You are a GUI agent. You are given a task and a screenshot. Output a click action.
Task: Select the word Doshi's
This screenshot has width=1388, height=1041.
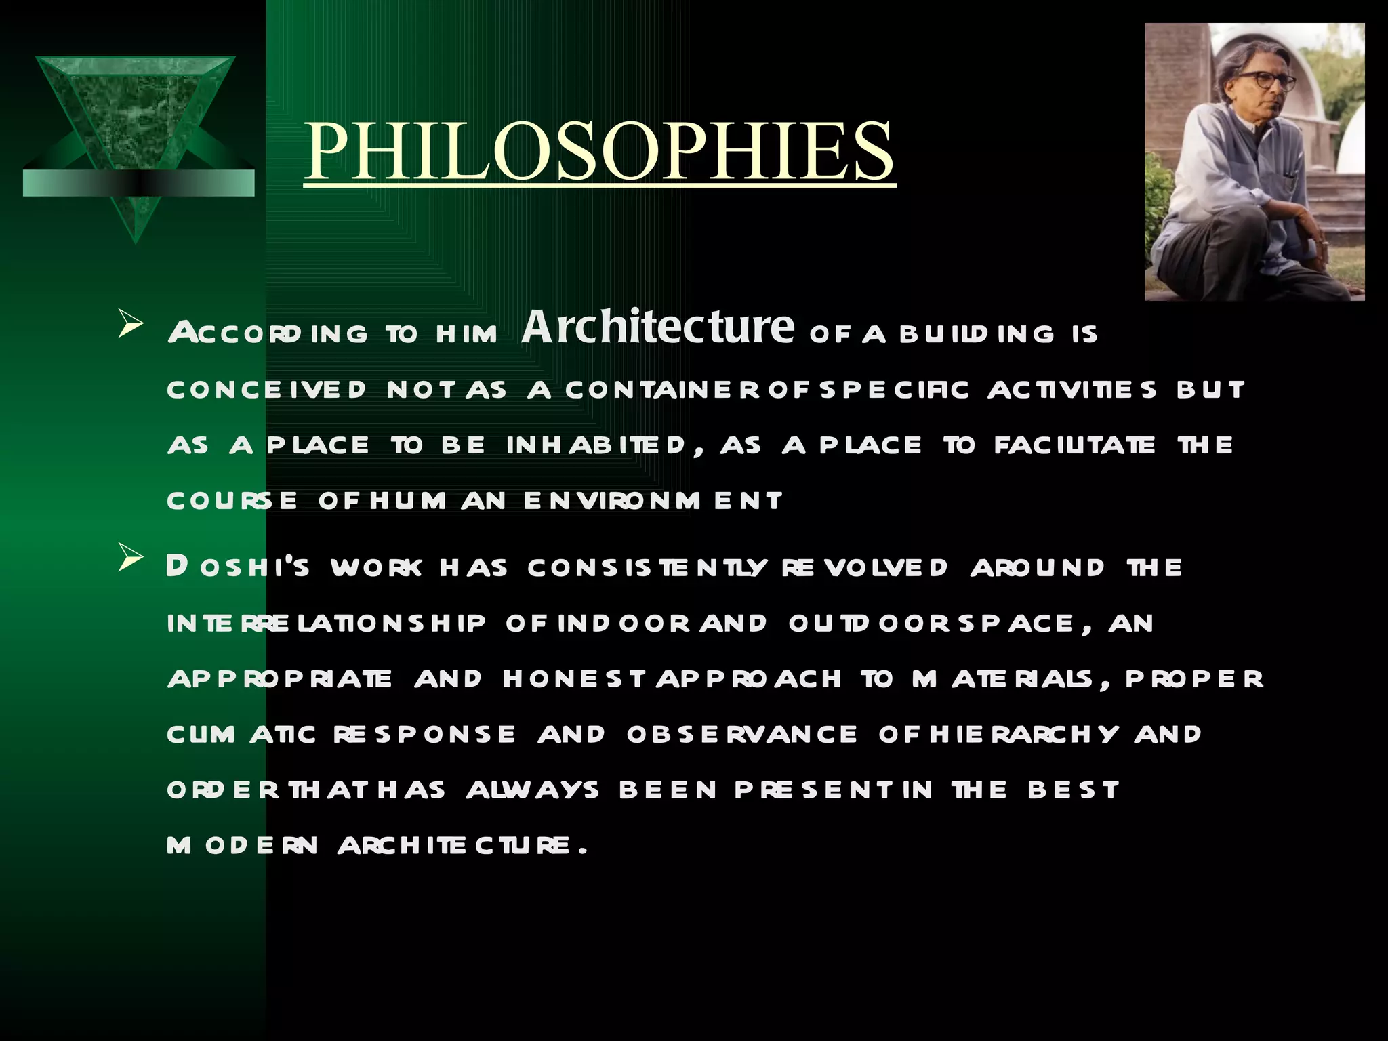coord(238,567)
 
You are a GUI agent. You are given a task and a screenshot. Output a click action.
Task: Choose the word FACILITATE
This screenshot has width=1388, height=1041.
coord(1075,445)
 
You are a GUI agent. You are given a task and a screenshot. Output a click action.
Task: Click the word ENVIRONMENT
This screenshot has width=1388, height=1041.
coord(653,501)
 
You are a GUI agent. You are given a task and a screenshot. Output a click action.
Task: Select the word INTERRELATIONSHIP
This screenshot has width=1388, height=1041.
coord(326,624)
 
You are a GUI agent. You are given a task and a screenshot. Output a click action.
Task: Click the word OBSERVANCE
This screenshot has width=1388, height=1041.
coord(741,735)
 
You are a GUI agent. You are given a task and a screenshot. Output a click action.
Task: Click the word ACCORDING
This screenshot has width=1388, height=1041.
coord(268,333)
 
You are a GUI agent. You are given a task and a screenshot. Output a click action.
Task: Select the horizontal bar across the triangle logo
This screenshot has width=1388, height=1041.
coord(138,183)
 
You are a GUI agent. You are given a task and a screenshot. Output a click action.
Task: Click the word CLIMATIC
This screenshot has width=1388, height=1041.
coord(241,735)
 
